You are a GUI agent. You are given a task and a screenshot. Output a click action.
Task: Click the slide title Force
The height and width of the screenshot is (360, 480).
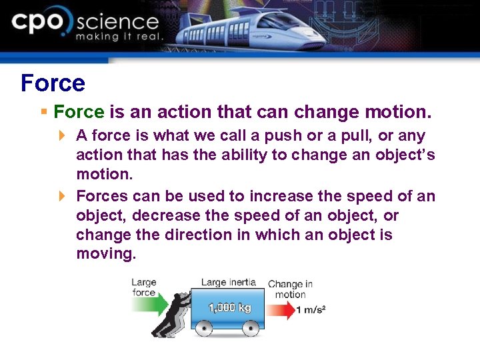tap(53, 83)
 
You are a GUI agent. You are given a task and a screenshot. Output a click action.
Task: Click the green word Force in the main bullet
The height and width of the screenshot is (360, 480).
tap(79, 111)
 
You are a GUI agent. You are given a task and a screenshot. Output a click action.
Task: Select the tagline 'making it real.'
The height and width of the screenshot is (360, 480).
tap(119, 37)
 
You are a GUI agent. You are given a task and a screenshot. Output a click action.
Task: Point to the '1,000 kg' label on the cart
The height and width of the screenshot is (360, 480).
tap(230, 308)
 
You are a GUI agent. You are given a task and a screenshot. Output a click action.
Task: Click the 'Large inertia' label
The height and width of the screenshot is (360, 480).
tap(228, 282)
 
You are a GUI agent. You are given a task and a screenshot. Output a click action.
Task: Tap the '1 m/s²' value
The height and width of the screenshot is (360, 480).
tap(311, 310)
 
